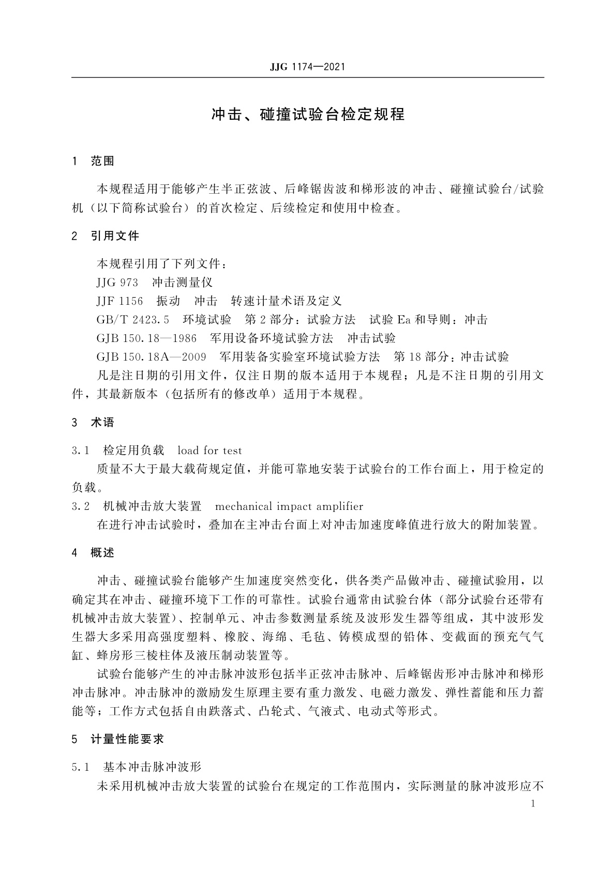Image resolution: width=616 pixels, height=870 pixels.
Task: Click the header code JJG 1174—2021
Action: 307,67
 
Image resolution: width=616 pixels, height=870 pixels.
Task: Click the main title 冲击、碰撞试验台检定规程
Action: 308,114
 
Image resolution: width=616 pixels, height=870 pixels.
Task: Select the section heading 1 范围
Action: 94,161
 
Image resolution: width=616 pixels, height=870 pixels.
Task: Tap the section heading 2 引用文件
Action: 106,236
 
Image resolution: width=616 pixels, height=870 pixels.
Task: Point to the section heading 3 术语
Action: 94,423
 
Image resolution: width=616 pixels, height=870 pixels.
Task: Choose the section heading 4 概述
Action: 94,553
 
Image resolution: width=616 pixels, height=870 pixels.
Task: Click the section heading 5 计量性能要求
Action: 118,739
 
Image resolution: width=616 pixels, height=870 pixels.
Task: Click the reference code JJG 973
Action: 117,283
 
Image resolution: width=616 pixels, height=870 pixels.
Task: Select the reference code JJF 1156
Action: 119,301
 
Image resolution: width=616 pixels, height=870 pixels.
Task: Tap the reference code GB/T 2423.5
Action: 133,320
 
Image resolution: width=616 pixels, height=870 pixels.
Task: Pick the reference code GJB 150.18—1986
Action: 146,338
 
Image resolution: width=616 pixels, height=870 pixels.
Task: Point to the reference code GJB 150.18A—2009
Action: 151,357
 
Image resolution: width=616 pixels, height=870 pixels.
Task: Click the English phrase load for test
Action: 209,450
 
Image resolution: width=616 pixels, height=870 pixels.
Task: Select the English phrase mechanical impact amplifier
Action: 289,506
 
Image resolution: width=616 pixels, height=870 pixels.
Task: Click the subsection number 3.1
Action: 81,450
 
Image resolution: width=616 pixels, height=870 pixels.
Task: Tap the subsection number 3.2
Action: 81,506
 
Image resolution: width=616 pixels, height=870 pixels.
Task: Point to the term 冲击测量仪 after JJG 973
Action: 183,283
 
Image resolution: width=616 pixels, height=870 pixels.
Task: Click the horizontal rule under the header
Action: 308,78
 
